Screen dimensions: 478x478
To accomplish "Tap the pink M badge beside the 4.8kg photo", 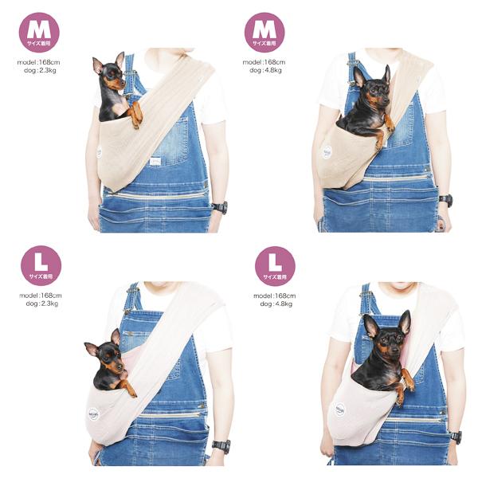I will click(264, 32).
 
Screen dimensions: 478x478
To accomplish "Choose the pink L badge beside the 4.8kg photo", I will click(275, 266).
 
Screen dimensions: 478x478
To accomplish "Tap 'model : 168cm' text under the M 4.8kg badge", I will click(264, 61).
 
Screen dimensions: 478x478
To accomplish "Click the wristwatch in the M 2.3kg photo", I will click(219, 207).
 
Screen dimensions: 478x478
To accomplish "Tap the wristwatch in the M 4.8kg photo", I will click(445, 201).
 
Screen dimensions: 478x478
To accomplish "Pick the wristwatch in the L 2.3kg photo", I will click(221, 446).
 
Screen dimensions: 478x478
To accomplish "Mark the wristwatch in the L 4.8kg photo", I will click(455, 436).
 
